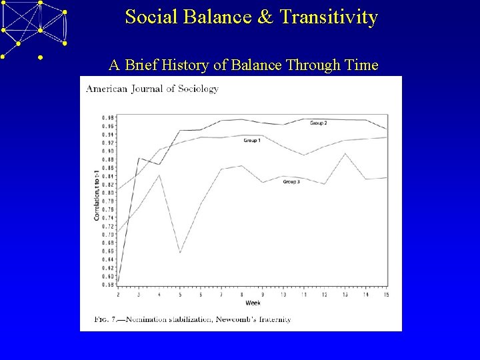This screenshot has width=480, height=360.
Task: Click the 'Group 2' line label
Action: click(319, 123)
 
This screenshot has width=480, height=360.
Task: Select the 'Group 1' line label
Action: click(251, 141)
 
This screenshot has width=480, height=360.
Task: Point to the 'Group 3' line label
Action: click(291, 181)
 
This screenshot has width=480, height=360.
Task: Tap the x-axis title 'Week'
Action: click(253, 303)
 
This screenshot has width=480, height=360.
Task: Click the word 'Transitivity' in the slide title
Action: click(327, 17)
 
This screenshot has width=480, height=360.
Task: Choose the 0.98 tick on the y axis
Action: click(107, 118)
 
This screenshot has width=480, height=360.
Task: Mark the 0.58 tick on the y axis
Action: click(107, 285)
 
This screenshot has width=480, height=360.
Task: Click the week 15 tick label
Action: click(387, 294)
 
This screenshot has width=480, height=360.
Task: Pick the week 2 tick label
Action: click(118, 294)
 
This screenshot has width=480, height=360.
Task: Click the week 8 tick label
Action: click(242, 294)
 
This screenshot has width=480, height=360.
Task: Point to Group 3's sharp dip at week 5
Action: click(180, 253)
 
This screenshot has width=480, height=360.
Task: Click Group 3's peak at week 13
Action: click(345, 153)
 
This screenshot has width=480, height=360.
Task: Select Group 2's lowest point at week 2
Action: click(118, 280)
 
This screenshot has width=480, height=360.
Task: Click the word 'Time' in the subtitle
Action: click(359, 65)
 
